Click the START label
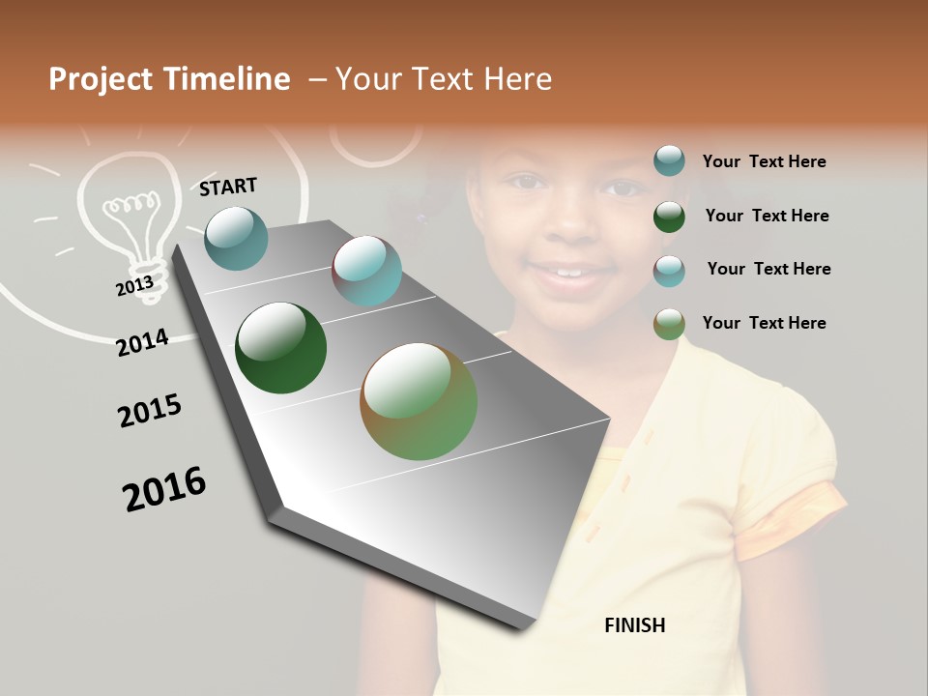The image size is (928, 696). pos(228,187)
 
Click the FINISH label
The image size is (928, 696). pos(635,625)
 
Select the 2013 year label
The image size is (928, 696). pos(134,285)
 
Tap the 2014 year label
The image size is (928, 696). pos(143,342)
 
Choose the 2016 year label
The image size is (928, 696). pos(164,489)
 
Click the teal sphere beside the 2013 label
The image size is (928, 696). pos(237,238)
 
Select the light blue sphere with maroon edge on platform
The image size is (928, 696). pos(366,271)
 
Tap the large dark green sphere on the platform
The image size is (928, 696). pos(280,348)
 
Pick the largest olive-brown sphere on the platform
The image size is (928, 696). pos(419,401)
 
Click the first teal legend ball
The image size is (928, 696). pos(669,161)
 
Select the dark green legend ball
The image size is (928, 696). pos(669,217)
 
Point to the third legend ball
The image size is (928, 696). pos(669,271)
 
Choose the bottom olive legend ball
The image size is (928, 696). pos(669,324)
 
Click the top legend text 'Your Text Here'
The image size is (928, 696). pos(764,161)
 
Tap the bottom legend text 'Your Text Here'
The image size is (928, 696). pos(764,323)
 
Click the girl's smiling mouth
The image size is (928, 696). pos(570,275)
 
